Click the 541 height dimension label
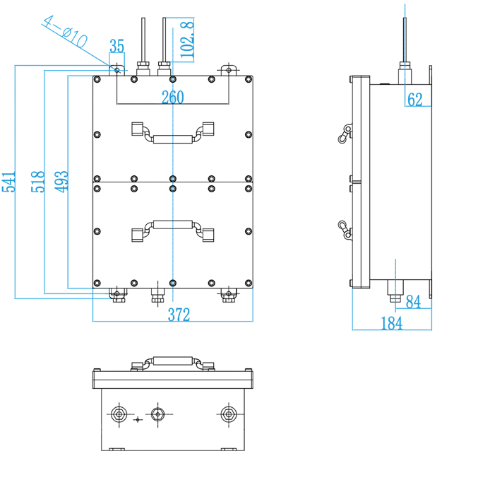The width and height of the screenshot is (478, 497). point(8,181)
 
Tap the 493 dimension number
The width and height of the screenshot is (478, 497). point(62,181)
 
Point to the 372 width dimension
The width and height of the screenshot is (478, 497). point(179,315)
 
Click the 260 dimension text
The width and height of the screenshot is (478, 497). point(172,98)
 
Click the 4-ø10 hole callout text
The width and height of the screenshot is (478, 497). point(64,32)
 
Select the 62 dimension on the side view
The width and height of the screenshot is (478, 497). point(415,100)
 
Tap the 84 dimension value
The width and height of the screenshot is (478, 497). point(413,303)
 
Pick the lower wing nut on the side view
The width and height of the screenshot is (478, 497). point(343,230)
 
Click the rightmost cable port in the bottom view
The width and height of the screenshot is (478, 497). point(227,414)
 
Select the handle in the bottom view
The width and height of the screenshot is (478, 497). point(172,363)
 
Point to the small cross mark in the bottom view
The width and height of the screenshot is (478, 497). point(137,420)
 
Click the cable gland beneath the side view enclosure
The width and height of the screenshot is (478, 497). point(396,289)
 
